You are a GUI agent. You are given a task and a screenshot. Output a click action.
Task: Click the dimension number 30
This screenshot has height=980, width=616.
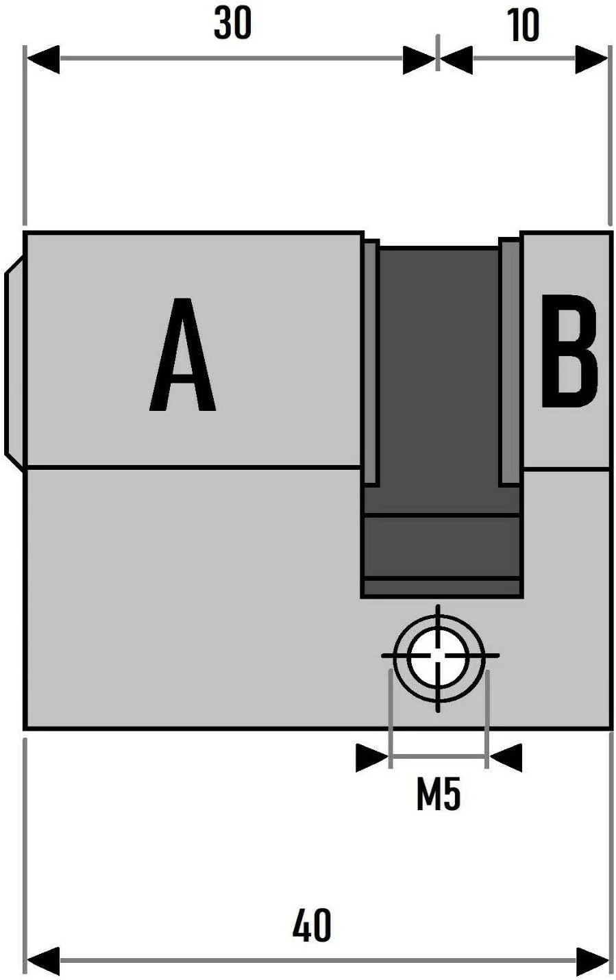coord(232,23)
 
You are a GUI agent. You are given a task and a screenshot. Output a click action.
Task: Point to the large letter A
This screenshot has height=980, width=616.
coord(182,354)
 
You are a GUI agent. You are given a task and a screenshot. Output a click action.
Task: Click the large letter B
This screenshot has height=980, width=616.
coord(569,351)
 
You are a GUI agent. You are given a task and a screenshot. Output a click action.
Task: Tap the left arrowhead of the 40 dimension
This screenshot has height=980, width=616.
coord(43,962)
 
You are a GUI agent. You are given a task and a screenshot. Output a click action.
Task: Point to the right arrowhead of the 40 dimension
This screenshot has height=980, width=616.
coord(591,962)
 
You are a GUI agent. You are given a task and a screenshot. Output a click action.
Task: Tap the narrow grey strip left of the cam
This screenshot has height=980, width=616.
coord(370,363)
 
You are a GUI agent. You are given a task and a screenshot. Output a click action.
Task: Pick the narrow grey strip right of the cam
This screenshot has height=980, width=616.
coord(510,362)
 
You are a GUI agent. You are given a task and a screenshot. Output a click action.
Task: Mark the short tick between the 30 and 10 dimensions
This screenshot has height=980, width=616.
coord(438,53)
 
